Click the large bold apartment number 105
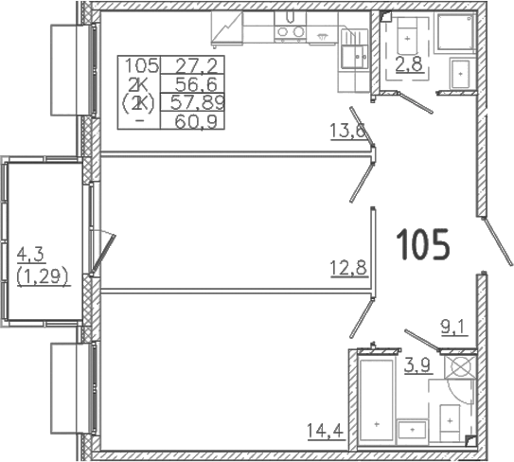click(x=422, y=244)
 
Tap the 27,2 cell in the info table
click(x=196, y=66)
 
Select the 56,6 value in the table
click(x=196, y=84)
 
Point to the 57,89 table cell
click(x=197, y=103)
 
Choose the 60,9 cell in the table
click(x=196, y=122)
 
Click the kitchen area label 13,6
click(x=348, y=132)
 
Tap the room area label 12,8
click(x=348, y=269)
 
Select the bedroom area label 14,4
click(x=326, y=431)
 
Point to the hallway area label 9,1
click(x=454, y=329)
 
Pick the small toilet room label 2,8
click(x=409, y=65)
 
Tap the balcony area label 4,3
click(x=30, y=255)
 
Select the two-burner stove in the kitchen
click(x=290, y=32)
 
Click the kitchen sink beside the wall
click(x=354, y=48)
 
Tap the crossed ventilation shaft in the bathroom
click(x=460, y=367)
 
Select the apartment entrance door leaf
click(x=498, y=241)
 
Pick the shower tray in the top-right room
click(x=455, y=33)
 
